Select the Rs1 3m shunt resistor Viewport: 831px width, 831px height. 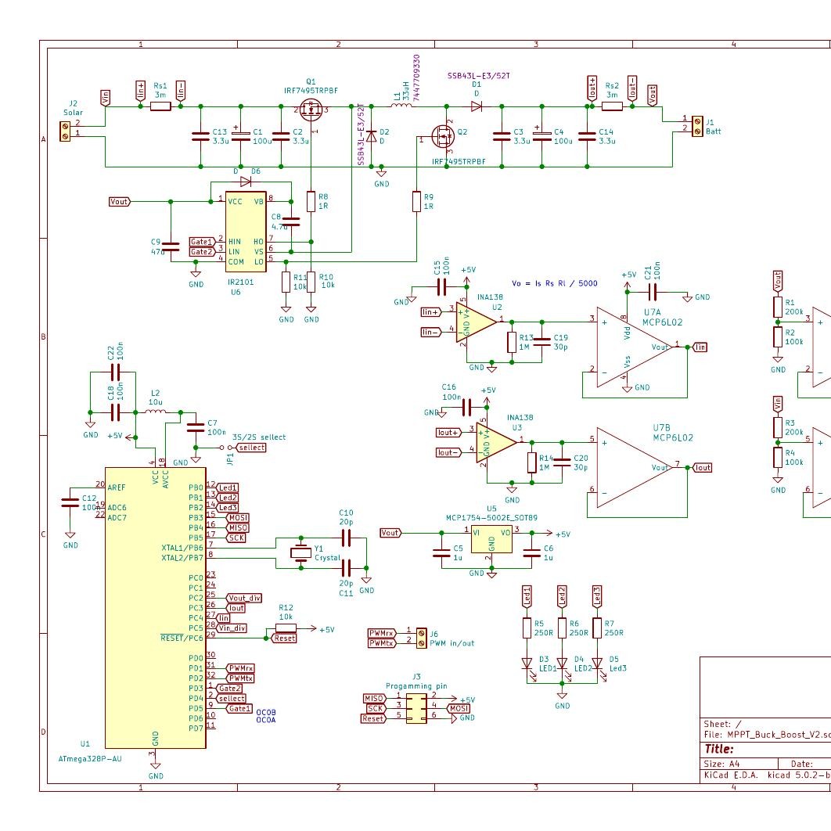(x=160, y=106)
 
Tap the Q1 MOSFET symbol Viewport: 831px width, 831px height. (x=311, y=111)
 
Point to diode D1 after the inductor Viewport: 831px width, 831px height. (x=476, y=106)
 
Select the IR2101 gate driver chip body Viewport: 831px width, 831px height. (x=245, y=232)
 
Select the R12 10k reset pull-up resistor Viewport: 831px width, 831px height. (x=286, y=628)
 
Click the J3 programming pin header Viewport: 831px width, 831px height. (x=416, y=707)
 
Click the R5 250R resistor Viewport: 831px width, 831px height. (x=527, y=628)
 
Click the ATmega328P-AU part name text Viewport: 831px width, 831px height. (x=90, y=758)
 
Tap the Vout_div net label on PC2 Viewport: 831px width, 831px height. (x=244, y=597)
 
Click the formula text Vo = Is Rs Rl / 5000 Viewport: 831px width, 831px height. (x=554, y=283)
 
